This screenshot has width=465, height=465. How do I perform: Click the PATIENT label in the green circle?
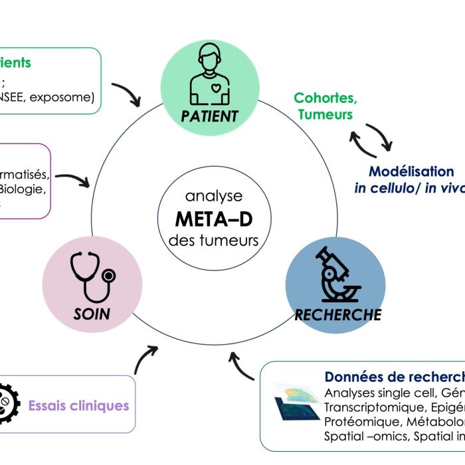click(x=209, y=117)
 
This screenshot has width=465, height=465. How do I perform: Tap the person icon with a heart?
click(x=210, y=77)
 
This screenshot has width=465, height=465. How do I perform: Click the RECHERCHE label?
click(x=338, y=314)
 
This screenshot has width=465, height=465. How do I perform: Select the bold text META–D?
click(x=213, y=219)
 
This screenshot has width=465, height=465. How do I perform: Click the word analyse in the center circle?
click(x=213, y=197)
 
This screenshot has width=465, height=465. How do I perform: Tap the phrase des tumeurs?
click(x=213, y=240)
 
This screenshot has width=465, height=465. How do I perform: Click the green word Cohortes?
click(x=325, y=98)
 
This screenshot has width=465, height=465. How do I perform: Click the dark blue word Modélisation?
click(x=411, y=171)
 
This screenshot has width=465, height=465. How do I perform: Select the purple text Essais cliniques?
click(x=78, y=405)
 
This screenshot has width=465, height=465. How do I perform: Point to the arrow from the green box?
click(x=127, y=94)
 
